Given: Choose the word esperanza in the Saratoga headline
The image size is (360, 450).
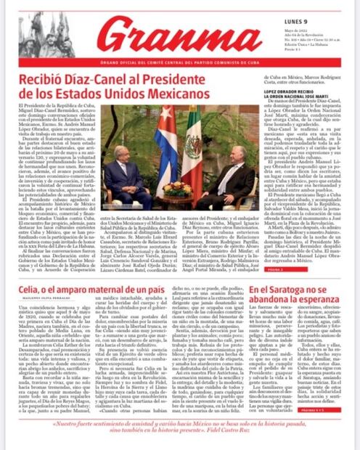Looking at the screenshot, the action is click(322, 302).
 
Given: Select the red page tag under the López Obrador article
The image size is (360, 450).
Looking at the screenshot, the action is click(290, 269).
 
